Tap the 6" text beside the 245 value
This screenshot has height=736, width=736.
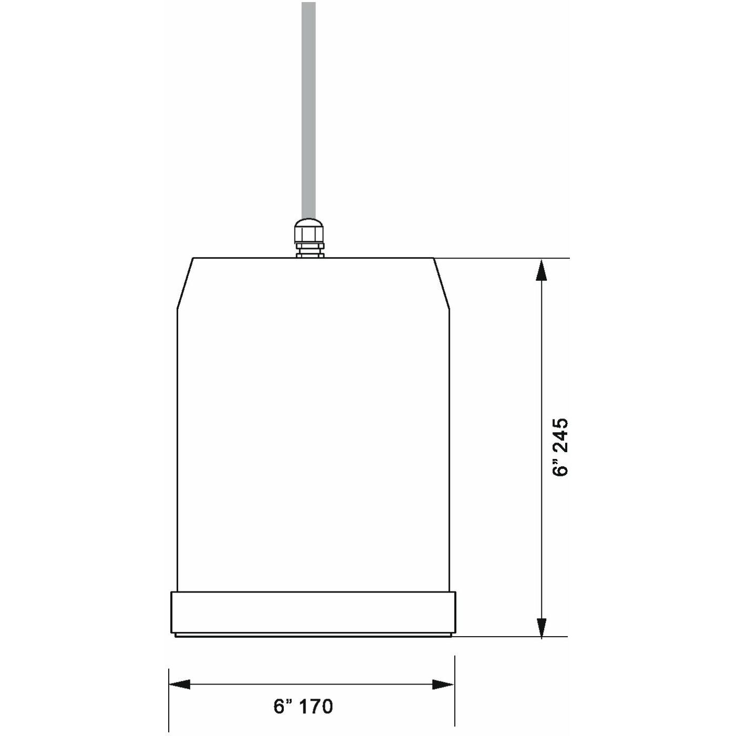[x=561, y=467]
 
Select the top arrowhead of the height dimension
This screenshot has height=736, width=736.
[x=541, y=270]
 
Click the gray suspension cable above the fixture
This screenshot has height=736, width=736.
[x=309, y=111]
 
